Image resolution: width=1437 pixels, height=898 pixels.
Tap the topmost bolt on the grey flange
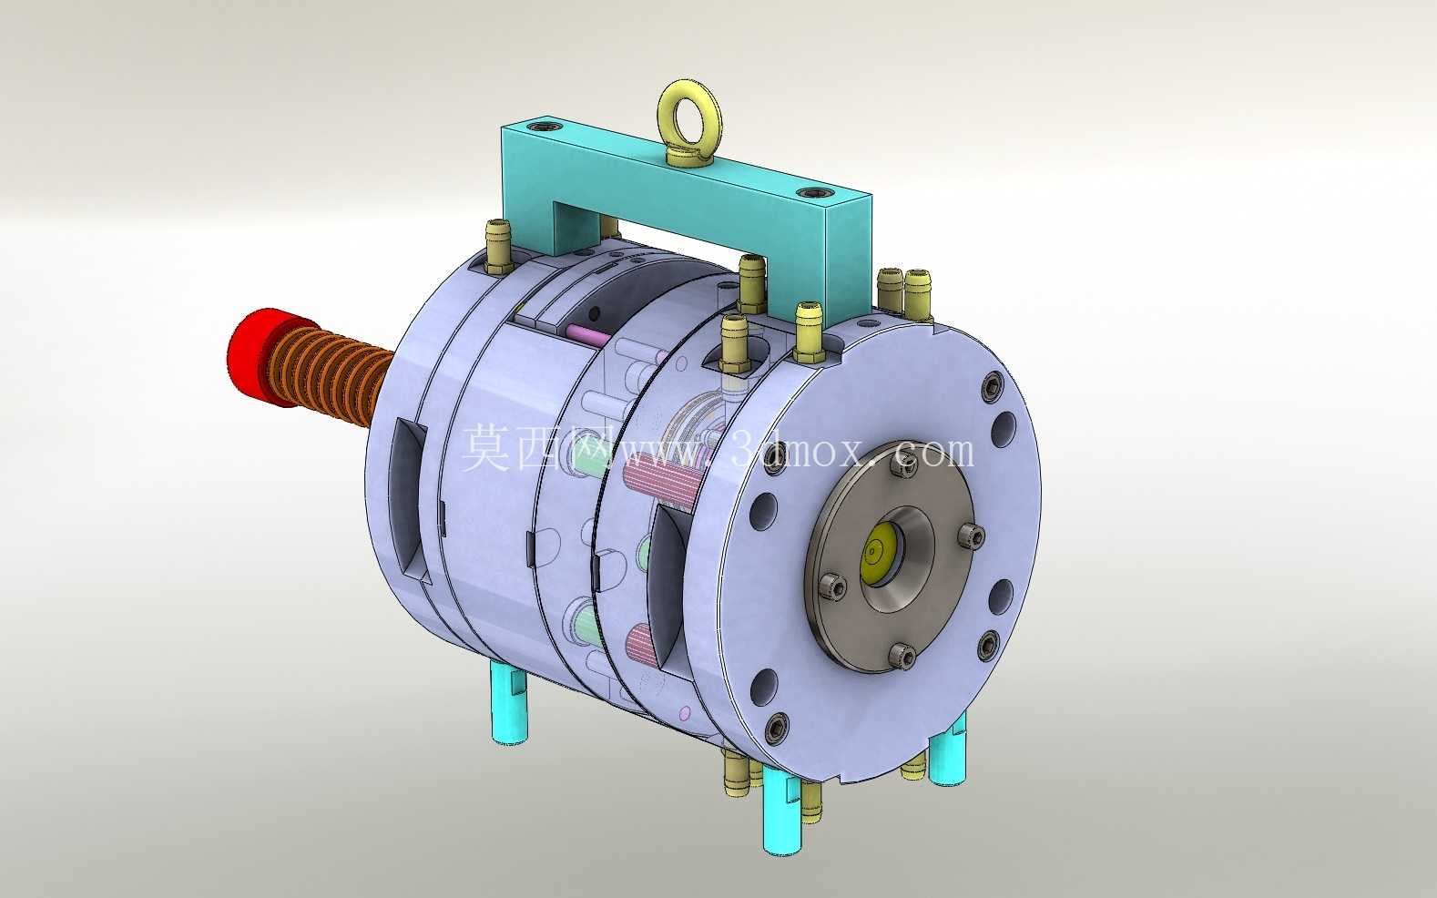pos(905,466)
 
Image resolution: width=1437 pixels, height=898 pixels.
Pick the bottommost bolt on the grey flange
pos(904,656)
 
